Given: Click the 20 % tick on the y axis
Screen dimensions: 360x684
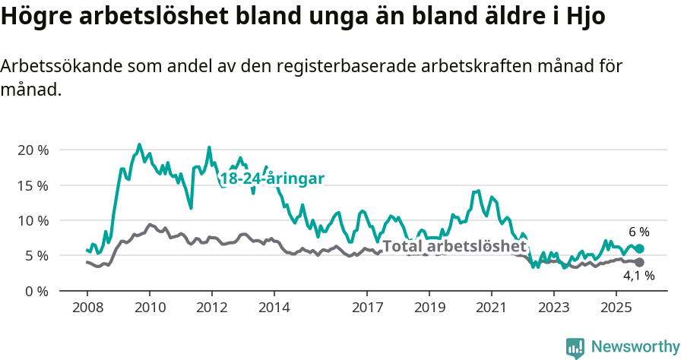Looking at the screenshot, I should click(33, 150).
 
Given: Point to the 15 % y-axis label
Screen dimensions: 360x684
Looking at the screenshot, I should click(33, 185).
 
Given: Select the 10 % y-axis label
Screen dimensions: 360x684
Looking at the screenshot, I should click(33, 220).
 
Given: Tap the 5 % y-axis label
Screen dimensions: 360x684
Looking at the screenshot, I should click(36, 256).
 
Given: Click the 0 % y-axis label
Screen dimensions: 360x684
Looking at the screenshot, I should click(36, 291).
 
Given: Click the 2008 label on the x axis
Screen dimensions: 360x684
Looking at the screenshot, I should click(87, 308).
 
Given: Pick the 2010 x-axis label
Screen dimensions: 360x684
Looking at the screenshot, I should click(149, 308).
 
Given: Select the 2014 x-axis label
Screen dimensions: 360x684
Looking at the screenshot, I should click(274, 308).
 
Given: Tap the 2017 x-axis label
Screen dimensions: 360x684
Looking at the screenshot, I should click(367, 308).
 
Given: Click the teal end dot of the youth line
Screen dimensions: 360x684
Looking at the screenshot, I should click(640, 248).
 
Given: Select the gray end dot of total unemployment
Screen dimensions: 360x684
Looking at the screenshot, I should click(640, 262).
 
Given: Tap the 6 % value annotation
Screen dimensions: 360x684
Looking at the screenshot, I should click(638, 232).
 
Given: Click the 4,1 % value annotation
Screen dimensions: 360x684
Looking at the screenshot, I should click(638, 276).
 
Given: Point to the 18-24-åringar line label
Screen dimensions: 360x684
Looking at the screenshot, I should click(272, 178).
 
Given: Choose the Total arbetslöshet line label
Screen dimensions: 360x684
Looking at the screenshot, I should click(454, 246).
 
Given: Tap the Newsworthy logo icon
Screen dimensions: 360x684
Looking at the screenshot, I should click(575, 348).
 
